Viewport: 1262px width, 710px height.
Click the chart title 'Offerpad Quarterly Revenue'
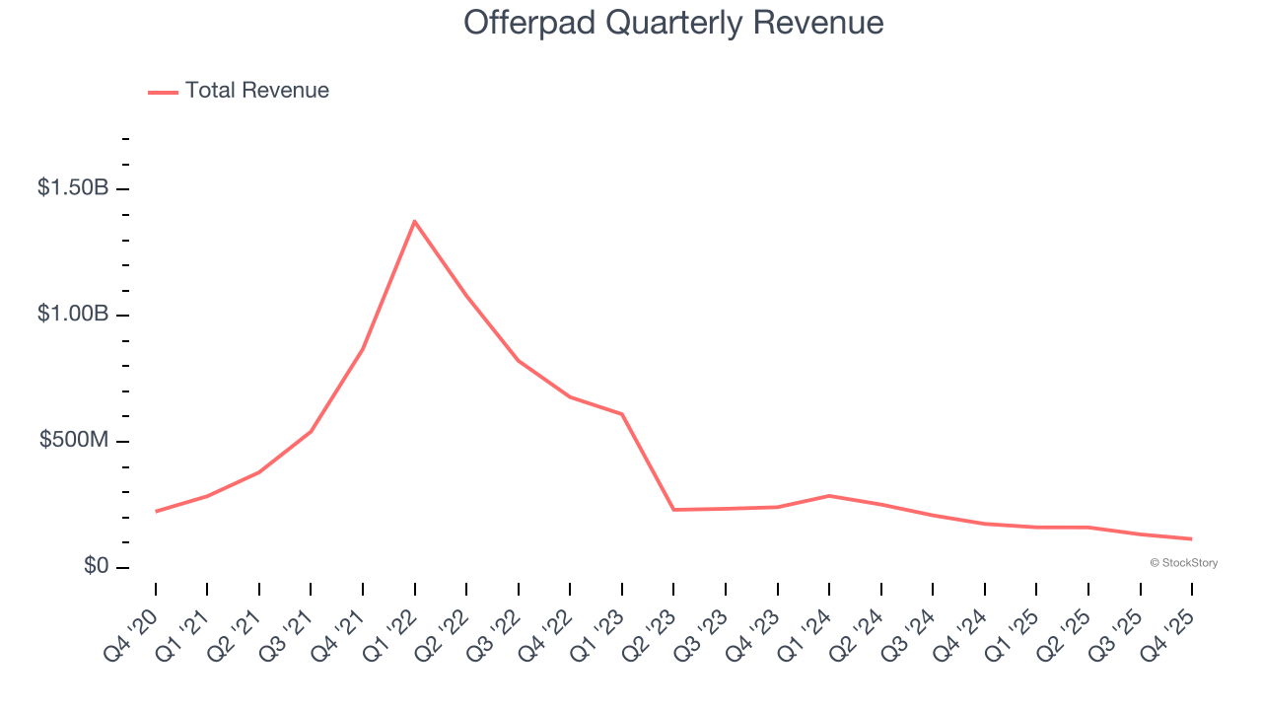[x=673, y=23]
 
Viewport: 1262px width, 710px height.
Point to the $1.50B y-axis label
[x=73, y=188]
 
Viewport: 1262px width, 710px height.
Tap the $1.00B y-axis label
[x=73, y=315]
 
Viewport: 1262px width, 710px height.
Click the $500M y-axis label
[x=74, y=441]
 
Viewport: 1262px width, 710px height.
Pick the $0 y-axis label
[x=96, y=567]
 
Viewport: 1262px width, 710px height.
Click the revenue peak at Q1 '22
[x=414, y=221]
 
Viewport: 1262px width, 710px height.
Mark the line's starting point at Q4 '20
[x=156, y=511]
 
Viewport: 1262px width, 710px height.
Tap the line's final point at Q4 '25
[x=1191, y=538]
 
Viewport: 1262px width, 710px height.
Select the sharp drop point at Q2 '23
[x=673, y=510]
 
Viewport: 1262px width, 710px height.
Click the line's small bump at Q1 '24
[x=829, y=495]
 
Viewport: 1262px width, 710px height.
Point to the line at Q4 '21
[x=363, y=349]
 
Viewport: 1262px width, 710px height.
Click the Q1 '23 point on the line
[x=622, y=414]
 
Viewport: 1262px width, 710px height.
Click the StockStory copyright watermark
[x=1183, y=563]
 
